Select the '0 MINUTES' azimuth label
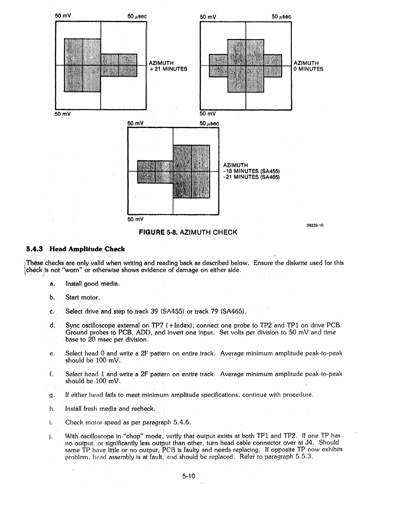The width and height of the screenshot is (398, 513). pyautogui.click(x=308, y=69)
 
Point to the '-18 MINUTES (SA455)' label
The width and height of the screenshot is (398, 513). pyautogui.click(x=251, y=171)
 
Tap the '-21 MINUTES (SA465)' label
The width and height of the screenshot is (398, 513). pyautogui.click(x=251, y=177)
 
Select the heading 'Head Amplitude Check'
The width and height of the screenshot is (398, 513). pyautogui.click(x=87, y=249)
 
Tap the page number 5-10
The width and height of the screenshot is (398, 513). pyautogui.click(x=189, y=476)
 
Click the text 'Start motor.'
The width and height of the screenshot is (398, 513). pyautogui.click(x=83, y=298)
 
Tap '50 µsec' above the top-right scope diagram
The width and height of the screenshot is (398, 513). pyautogui.click(x=281, y=17)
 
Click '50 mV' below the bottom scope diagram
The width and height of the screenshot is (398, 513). pyautogui.click(x=135, y=219)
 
